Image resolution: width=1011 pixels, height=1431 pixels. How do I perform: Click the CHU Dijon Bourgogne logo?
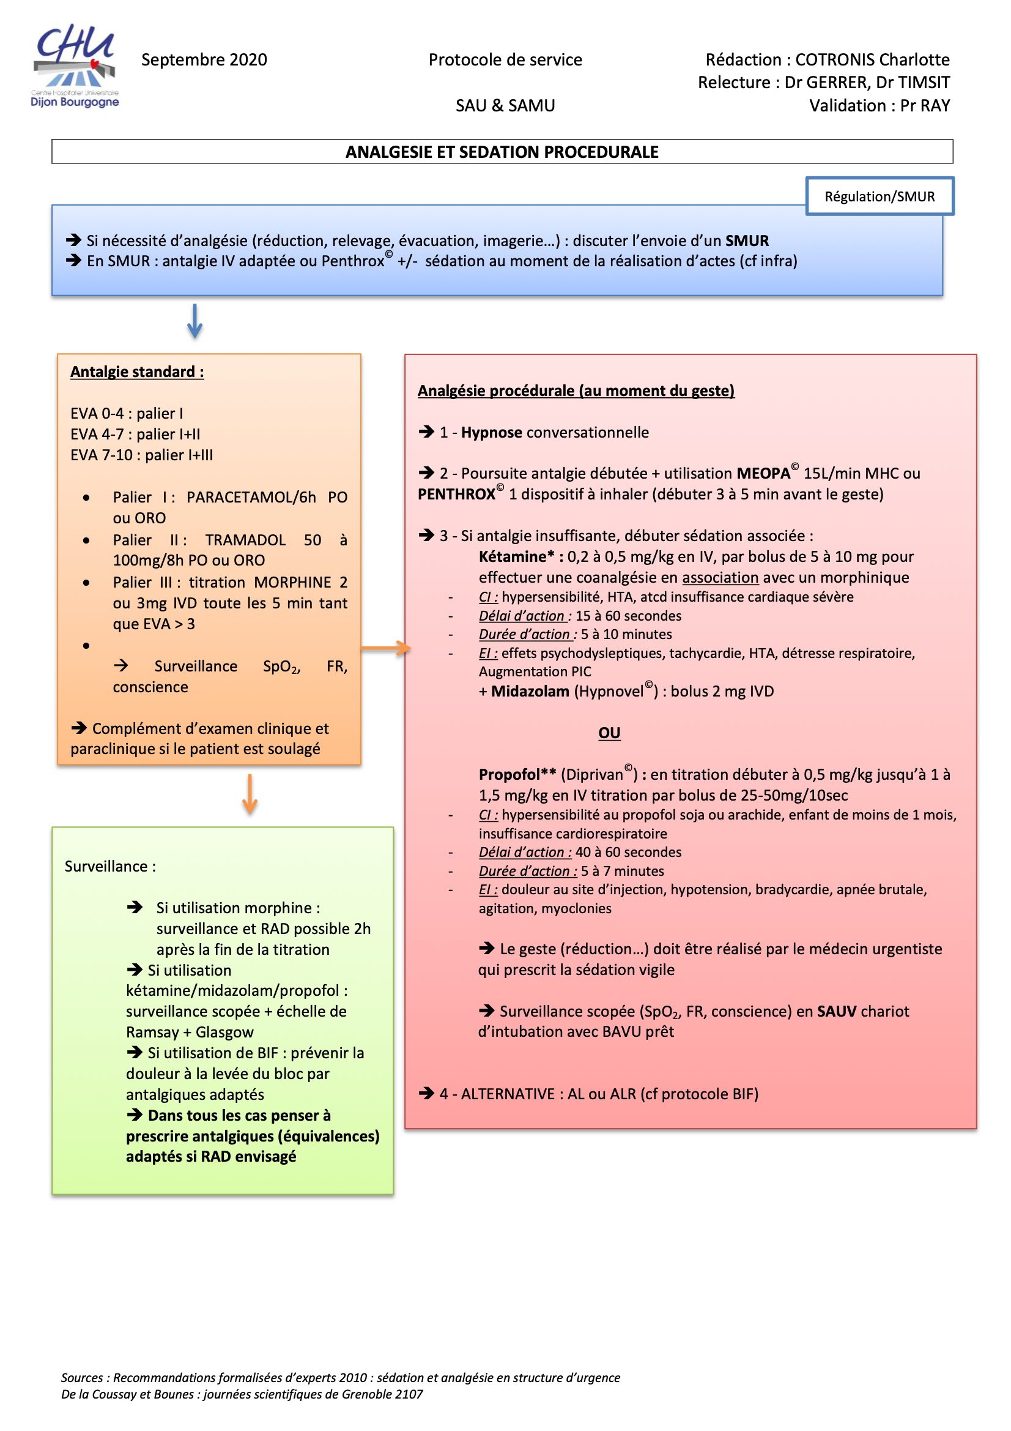coord(75,65)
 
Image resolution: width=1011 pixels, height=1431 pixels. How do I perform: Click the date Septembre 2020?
coord(204,60)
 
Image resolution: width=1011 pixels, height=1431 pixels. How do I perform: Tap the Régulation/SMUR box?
coord(879,196)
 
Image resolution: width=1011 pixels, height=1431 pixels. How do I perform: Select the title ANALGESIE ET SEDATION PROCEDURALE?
coord(502,152)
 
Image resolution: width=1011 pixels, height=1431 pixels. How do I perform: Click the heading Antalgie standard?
coord(137,372)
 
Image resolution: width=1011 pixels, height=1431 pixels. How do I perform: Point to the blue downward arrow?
coord(195,321)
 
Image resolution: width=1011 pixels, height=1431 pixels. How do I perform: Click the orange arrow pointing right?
coord(385,648)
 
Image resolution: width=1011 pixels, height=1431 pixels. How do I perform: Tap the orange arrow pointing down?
coord(250,794)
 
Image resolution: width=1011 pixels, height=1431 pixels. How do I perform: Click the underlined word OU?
coord(609,733)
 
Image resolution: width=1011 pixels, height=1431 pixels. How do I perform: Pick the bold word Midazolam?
coord(530,691)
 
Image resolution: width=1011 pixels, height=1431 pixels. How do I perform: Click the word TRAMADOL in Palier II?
coord(245,540)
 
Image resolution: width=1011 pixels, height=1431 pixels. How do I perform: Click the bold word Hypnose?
coord(492,433)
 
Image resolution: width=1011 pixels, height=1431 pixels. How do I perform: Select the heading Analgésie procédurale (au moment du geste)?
coord(576,390)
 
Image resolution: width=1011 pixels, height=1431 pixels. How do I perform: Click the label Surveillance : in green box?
coord(110,866)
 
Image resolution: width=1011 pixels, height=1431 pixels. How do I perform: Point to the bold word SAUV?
coord(836,1011)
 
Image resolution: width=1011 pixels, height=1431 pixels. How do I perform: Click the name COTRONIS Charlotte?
coord(872,60)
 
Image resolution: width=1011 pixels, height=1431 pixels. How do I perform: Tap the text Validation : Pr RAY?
coord(879,106)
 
